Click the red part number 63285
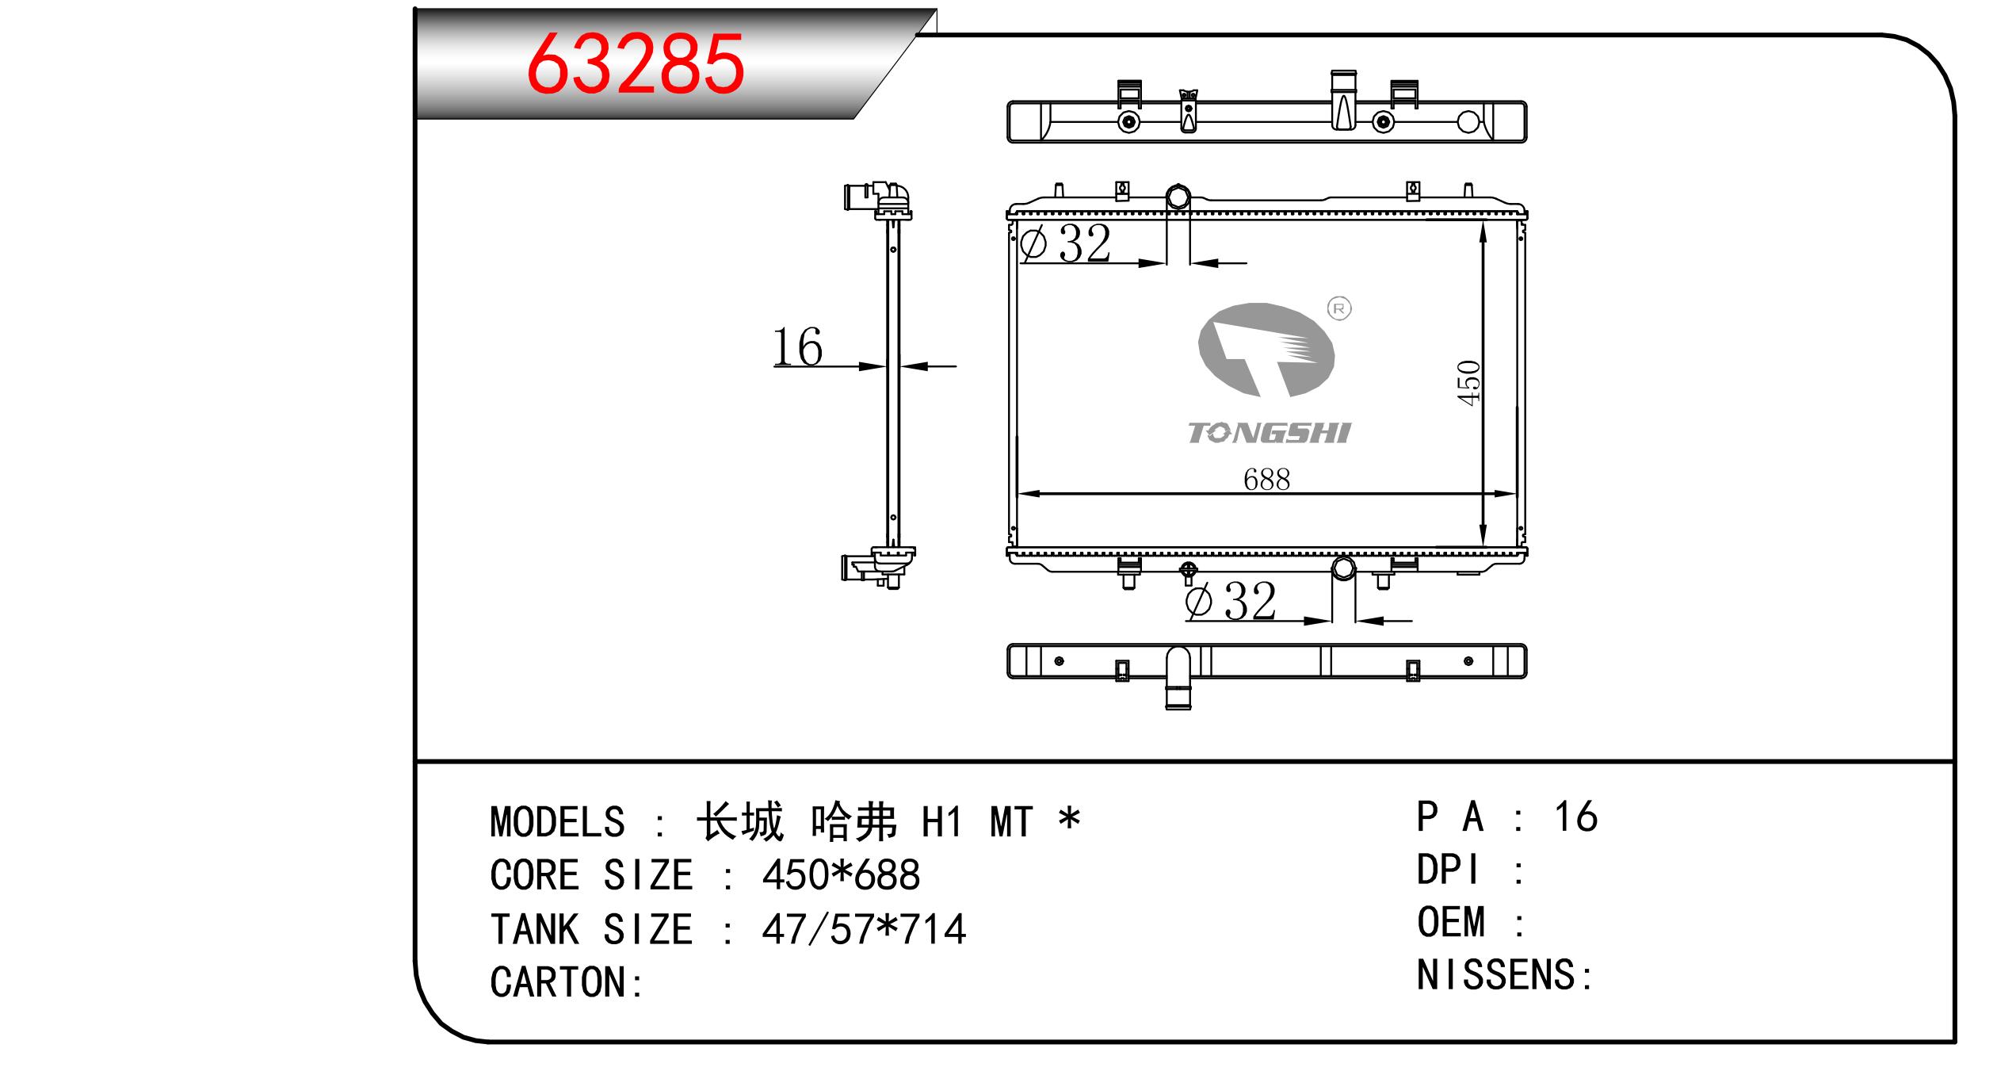tap(636, 64)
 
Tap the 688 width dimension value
tap(1266, 479)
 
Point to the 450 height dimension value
tap(1468, 383)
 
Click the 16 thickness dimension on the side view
tap(797, 347)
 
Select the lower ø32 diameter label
tap(1231, 600)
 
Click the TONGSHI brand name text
tap(1268, 433)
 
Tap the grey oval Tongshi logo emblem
tap(1266, 350)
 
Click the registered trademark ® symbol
tap(1339, 308)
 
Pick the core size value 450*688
tap(841, 875)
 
